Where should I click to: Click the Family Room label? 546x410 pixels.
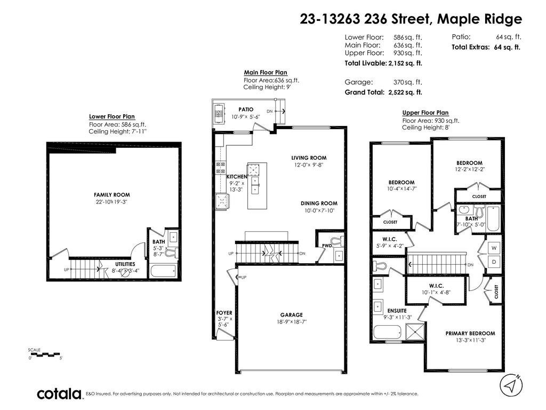pos(112,195)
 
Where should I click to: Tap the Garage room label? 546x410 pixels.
pos(292,315)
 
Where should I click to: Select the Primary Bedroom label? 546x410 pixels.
pos(470,333)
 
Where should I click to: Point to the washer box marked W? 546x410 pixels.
pos(494,248)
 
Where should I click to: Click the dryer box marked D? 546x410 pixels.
pos(494,262)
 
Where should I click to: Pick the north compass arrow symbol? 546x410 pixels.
pos(511,385)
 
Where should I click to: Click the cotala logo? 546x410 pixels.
pos(59,394)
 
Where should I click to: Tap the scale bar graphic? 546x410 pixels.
pos(45,354)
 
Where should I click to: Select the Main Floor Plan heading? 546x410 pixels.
pos(266,73)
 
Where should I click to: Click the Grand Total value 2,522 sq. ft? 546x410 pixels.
pos(405,92)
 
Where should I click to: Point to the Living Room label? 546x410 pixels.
pos(309,157)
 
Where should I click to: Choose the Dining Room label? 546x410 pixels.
pos(319,203)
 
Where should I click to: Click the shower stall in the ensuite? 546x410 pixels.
pos(415,331)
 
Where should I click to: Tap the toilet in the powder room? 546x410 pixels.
pos(336,240)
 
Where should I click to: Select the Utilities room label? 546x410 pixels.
pos(125,264)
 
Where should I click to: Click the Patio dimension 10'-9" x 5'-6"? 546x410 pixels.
pos(246,117)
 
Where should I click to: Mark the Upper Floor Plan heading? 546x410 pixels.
pos(425,113)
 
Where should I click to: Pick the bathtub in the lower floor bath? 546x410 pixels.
pos(163,271)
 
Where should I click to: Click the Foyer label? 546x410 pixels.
pos(224,313)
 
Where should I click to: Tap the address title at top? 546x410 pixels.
pos(411,19)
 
